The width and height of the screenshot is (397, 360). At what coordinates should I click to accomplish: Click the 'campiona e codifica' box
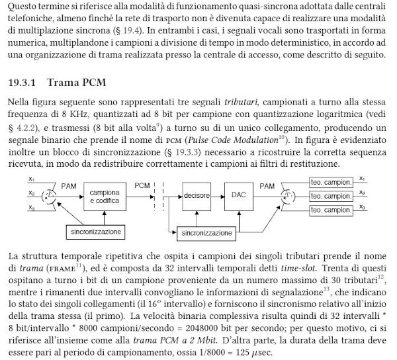pos(104,197)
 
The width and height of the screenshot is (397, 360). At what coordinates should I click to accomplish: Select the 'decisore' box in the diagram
pos(197,197)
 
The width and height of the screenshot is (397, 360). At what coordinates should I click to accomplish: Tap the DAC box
pos(238,197)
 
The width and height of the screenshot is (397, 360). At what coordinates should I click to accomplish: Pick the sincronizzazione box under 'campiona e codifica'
pos(97,232)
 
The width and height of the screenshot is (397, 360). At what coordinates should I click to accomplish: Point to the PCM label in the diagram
pos(143,186)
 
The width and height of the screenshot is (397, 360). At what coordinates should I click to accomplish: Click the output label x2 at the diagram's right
pos(361,193)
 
